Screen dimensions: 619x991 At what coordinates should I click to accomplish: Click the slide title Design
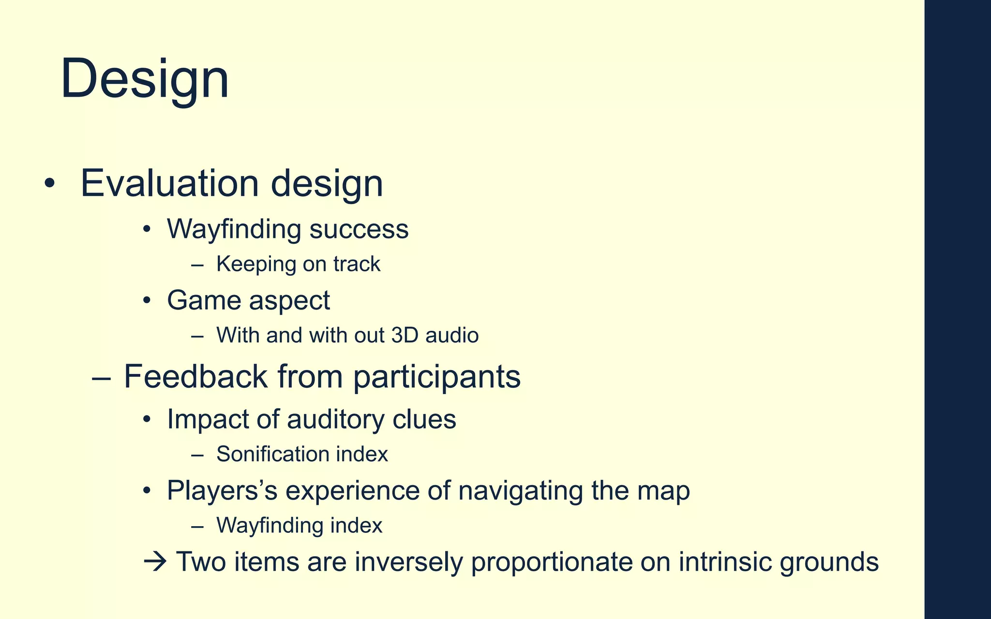(x=145, y=79)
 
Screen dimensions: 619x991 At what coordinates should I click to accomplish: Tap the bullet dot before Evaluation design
(x=49, y=184)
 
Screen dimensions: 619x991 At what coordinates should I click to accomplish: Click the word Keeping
(x=256, y=264)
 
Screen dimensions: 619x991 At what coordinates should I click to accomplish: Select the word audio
(x=452, y=335)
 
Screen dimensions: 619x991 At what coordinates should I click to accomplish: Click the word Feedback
(x=195, y=376)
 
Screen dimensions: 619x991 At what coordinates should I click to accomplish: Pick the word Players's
(x=222, y=491)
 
